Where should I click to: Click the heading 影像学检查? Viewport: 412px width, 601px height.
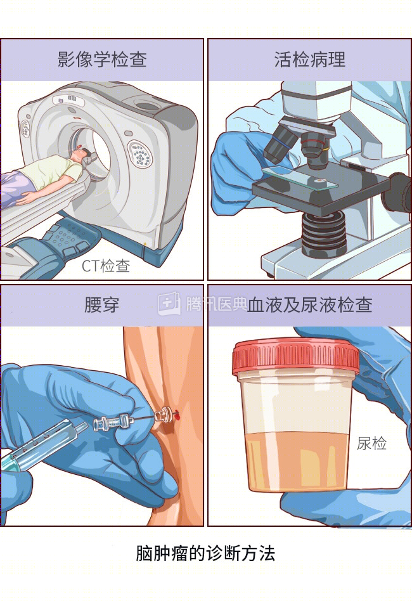click(x=102, y=60)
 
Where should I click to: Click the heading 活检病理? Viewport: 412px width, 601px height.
click(x=310, y=60)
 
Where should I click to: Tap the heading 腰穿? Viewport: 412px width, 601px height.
click(x=102, y=305)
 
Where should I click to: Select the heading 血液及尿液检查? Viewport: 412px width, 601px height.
click(x=310, y=305)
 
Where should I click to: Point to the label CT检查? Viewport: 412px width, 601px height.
click(x=106, y=266)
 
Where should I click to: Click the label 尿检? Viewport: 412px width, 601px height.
click(x=371, y=443)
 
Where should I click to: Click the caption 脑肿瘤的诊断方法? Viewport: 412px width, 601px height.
click(x=205, y=553)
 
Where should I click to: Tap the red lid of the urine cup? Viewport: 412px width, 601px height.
click(x=295, y=356)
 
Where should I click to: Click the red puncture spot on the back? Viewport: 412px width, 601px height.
click(x=177, y=413)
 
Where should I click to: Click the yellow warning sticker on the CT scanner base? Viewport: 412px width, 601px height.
click(x=145, y=244)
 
